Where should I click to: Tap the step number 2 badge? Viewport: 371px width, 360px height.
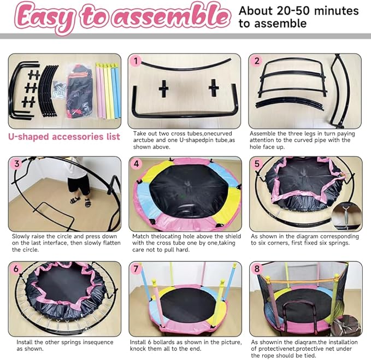257,61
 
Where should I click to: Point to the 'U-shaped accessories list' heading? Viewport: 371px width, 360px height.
64,137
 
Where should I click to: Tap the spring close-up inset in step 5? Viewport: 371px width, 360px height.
349,216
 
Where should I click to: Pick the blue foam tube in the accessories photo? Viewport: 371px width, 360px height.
116,90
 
